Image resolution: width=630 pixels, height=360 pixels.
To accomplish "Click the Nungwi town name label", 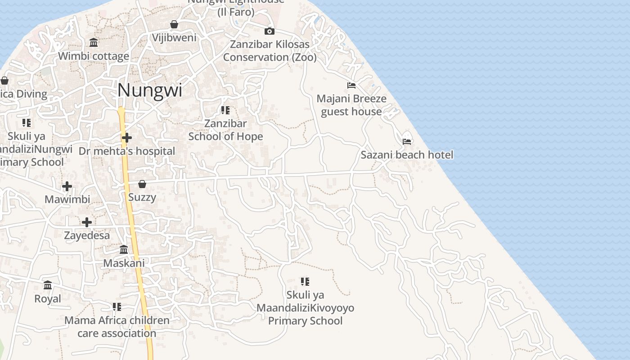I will [150, 90].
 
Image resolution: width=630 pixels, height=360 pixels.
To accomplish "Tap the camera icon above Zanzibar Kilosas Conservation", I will [270, 31].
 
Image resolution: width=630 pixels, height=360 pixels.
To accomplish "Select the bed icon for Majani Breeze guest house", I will [351, 85].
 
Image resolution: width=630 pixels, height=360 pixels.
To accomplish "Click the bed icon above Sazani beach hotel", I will [407, 141].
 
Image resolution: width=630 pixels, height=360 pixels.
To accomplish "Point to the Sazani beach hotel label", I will [407, 155].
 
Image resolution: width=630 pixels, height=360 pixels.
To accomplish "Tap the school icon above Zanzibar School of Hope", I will [225, 110].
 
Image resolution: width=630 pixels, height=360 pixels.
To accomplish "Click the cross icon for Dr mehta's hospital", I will [127, 137].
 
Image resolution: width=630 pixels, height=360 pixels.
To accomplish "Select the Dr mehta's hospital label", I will [127, 151].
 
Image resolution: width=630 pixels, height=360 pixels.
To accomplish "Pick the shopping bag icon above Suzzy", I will [142, 184].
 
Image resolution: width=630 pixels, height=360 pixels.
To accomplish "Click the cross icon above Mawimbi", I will [67, 186].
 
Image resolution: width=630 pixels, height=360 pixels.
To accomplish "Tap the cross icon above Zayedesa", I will [87, 222].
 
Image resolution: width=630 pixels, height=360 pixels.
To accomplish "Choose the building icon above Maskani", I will [124, 249].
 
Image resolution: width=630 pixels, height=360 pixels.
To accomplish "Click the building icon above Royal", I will [48, 285].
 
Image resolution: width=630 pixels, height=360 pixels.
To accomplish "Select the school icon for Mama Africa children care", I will [117, 307].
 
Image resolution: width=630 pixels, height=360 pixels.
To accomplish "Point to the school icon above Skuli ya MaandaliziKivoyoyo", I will [305, 282].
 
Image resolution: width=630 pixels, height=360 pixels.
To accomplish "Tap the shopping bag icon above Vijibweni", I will [174, 24].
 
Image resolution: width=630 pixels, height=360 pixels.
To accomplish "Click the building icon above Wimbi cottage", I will [94, 43].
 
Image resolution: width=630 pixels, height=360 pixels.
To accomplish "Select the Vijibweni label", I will [174, 37].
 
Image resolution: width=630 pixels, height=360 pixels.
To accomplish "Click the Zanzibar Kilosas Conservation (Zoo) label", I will [270, 51].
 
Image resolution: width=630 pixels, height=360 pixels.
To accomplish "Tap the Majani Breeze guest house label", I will [351, 105].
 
